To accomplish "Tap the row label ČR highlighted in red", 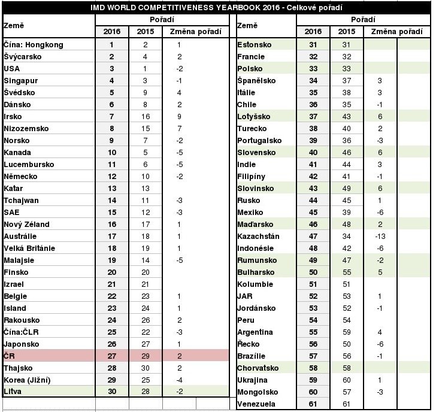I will coord(9,356).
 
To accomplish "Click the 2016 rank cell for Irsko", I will coord(111,117).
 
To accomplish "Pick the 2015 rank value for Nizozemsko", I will coord(146,129).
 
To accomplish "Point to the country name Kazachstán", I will coord(258,237).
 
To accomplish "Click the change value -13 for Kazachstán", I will coord(380,237).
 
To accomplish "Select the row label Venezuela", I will coord(257,404).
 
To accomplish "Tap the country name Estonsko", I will coord(255,45).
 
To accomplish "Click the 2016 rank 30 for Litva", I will coord(111,392).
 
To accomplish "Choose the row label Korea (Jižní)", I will coord(28,380).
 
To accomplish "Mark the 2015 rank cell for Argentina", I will coord(346,332).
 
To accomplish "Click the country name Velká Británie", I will coord(30,249).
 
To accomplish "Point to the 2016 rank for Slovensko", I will coord(313,153).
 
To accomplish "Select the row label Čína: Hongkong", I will coord(33,45).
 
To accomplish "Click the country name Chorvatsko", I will coord(259,368).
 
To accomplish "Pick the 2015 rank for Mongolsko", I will coord(346,392).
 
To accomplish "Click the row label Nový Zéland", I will coord(26,225).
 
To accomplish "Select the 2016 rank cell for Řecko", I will coord(313,344).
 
